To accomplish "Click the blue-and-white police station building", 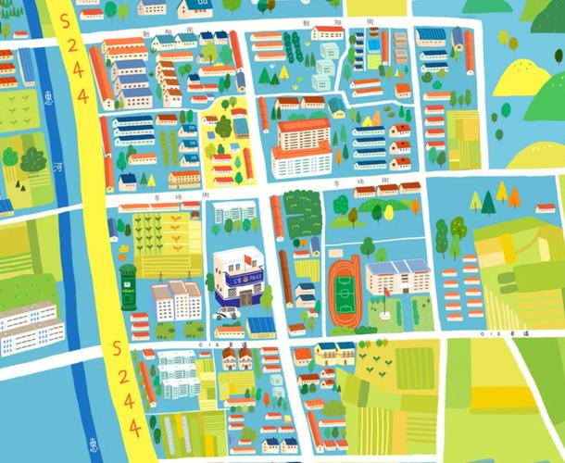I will pos(238,276).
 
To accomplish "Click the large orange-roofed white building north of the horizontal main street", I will pos(301,145).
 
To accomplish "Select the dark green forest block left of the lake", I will pos(300,213).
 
